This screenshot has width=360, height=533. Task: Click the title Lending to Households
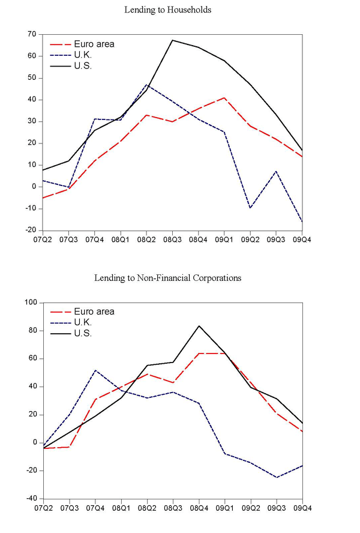[168, 10]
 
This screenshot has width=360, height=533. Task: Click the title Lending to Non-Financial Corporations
[168, 278]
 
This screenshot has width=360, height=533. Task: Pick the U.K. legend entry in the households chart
[82, 55]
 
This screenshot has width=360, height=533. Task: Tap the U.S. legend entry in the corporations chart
[82, 333]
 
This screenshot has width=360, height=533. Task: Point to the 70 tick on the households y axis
[32, 34]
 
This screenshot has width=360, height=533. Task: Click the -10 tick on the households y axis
[30, 208]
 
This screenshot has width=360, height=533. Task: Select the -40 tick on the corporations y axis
[30, 499]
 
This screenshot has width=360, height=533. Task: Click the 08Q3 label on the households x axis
[173, 239]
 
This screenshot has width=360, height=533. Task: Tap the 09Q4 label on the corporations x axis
[302, 508]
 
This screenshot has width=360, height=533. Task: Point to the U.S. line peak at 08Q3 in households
[173, 40]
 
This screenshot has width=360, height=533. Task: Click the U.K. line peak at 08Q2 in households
[146, 85]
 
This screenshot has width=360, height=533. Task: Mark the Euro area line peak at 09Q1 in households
[224, 97]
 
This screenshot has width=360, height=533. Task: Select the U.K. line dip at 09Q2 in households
[250, 208]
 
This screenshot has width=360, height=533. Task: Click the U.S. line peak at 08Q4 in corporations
[199, 326]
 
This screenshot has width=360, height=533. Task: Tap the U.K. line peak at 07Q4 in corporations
[95, 370]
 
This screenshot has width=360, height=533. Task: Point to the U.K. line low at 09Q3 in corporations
[276, 477]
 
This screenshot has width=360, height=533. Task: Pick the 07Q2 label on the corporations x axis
[43, 508]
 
